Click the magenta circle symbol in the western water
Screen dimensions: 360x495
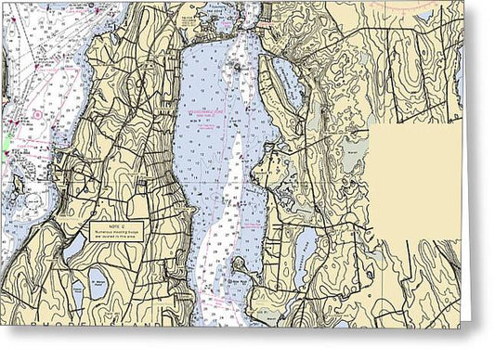pos(35,114)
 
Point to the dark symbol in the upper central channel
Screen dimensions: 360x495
pos(236,66)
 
